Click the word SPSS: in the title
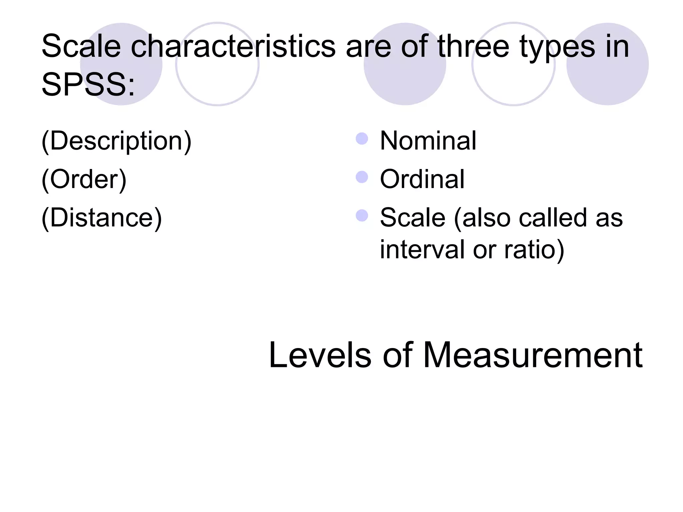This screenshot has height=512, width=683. pyautogui.click(x=88, y=85)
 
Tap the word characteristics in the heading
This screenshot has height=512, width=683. pyautogui.click(x=233, y=47)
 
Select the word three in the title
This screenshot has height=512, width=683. pyautogui.click(x=473, y=47)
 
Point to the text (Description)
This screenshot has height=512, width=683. pyautogui.click(x=116, y=141)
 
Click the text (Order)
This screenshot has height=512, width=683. pyautogui.click(x=84, y=180)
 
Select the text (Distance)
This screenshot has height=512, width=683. pyautogui.click(x=102, y=218)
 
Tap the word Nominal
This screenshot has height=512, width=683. pyautogui.click(x=428, y=141)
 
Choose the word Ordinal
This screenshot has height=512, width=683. pyautogui.click(x=422, y=179)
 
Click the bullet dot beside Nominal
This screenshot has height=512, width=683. pyautogui.click(x=362, y=139)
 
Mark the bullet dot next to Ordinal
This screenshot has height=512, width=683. pyautogui.click(x=362, y=177)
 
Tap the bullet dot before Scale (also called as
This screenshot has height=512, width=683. pyautogui.click(x=362, y=216)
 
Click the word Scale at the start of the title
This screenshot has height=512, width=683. pyautogui.click(x=81, y=47)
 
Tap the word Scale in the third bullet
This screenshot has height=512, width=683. pyautogui.click(x=413, y=218)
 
